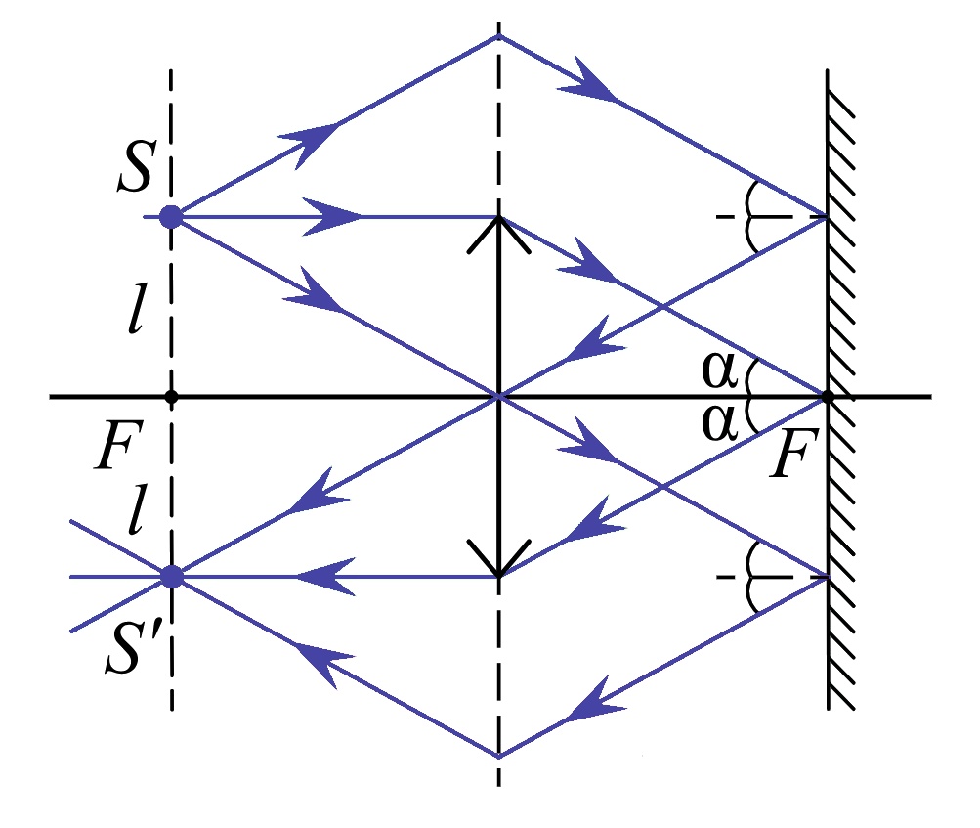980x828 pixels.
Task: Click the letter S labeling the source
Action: click(135, 166)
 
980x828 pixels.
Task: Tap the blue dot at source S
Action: click(171, 217)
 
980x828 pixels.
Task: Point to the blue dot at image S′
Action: click(172, 577)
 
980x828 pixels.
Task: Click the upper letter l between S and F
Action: click(138, 308)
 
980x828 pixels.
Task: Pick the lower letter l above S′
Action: click(138, 509)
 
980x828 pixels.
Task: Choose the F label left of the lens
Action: click(119, 445)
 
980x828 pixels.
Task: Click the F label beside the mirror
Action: click(793, 454)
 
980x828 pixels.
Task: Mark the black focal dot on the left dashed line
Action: click(171, 397)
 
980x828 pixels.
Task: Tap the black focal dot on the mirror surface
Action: click(828, 397)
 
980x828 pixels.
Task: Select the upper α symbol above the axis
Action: click(719, 370)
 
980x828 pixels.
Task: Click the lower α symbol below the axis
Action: click(719, 422)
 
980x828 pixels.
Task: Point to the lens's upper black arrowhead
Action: click(498, 234)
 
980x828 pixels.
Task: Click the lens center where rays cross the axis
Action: click(498, 397)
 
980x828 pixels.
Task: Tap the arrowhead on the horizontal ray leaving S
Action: click(331, 217)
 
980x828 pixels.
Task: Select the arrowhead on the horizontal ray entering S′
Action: click(325, 577)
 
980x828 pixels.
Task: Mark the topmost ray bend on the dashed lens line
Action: click(498, 36)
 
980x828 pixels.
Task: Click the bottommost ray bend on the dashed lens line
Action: click(498, 757)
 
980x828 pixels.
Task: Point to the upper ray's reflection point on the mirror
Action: click(828, 217)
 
